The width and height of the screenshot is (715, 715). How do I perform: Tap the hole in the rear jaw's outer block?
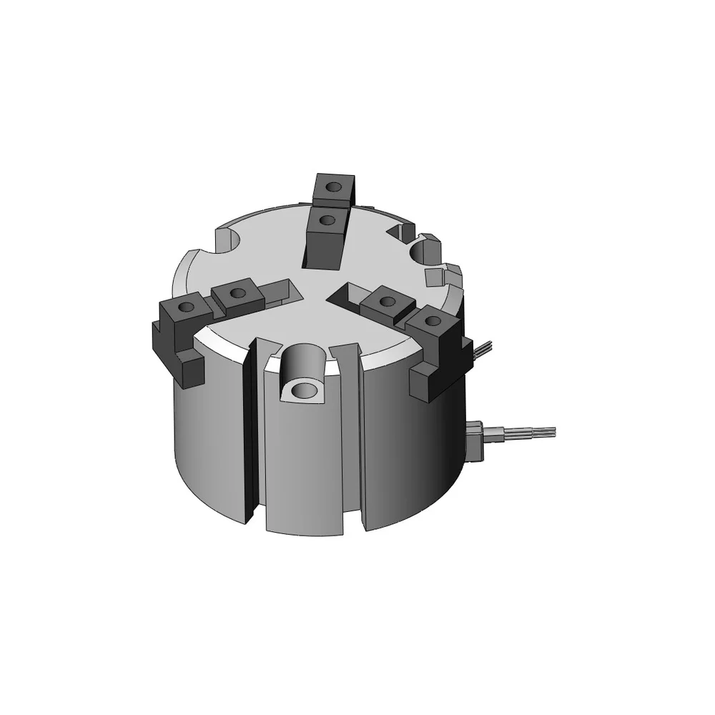coord(332,187)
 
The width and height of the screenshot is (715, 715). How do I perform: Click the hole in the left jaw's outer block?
coord(185,307)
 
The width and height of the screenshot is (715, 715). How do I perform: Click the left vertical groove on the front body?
coord(250,436)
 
